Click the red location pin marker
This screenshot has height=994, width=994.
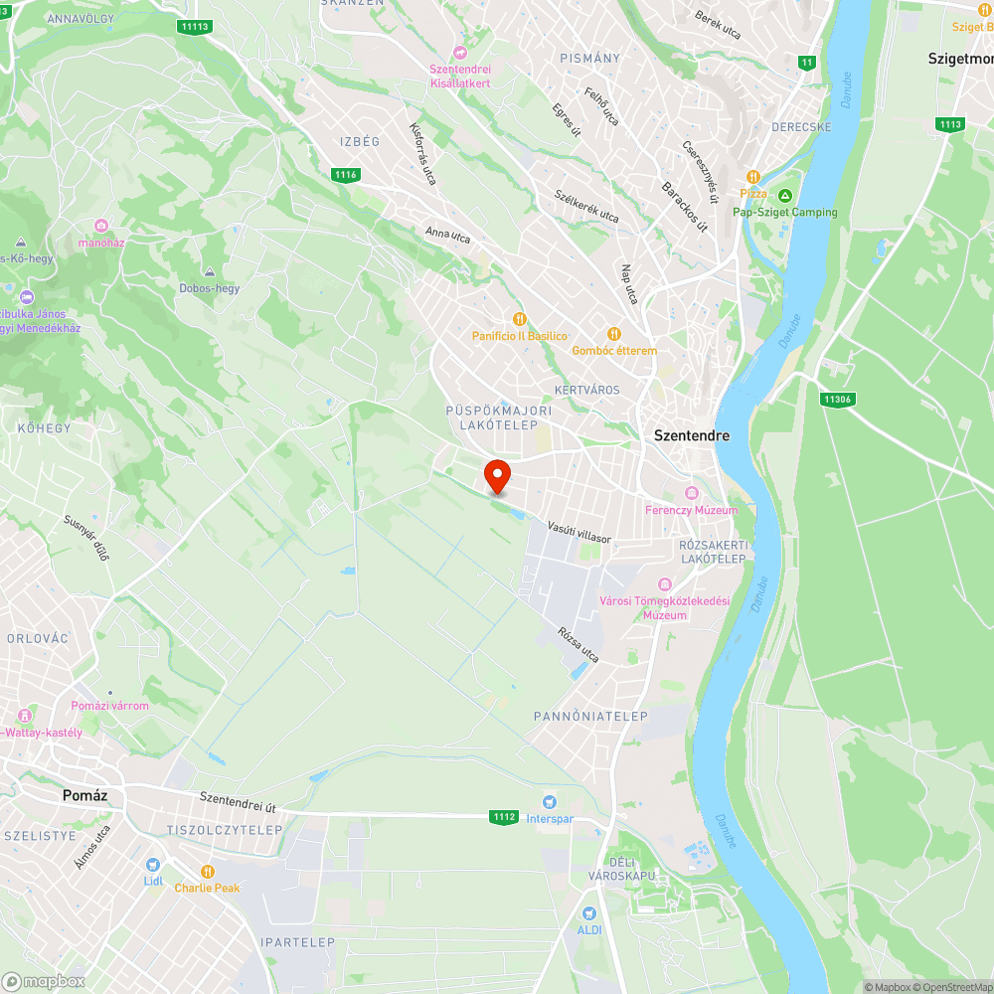[496, 476]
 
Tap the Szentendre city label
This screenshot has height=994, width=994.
[692, 435]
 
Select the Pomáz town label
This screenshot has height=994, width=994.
[84, 795]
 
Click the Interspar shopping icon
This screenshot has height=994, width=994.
[549, 801]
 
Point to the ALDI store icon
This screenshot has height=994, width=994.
[589, 912]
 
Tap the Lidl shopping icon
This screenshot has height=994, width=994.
[152, 865]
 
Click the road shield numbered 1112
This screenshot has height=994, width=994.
[504, 817]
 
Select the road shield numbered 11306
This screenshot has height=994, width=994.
[838, 400]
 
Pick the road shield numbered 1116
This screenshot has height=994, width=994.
[345, 175]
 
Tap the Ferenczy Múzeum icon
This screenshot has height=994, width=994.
[692, 494]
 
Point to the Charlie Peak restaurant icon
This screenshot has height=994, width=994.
[208, 872]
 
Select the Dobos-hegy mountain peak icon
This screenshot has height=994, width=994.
[209, 272]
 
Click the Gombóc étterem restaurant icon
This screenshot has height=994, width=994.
[614, 334]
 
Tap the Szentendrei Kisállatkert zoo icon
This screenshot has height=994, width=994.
[459, 52]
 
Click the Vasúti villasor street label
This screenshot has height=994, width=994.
[580, 533]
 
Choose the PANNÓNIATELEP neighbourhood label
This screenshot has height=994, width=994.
[590, 717]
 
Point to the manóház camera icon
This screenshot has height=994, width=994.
[101, 226]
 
